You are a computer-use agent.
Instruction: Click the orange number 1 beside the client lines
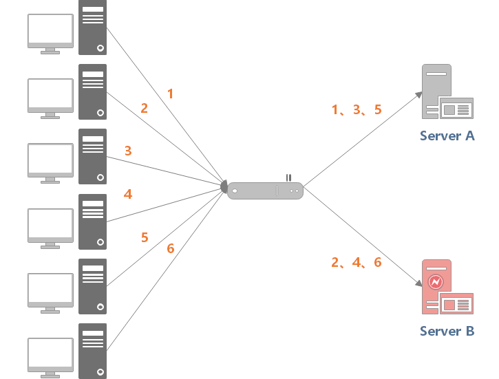pos(171,94)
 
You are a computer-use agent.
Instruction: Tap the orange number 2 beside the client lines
pos(145,108)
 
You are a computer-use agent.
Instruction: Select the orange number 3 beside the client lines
pos(128,150)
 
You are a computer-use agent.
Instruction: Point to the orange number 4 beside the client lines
pos(128,194)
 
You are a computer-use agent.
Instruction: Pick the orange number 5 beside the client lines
pos(145,237)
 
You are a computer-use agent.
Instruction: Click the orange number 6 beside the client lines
pos(171,248)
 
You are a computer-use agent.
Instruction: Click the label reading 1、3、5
pos(357,109)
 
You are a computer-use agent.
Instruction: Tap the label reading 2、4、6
pos(357,262)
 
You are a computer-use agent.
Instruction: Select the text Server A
pos(447,136)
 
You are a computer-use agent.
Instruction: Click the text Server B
pos(447,332)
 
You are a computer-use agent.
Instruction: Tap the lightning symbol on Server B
pos(436,281)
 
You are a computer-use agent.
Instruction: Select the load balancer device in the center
pos(265,190)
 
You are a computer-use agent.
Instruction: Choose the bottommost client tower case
pos(93,351)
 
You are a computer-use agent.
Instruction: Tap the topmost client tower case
pos(93,28)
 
